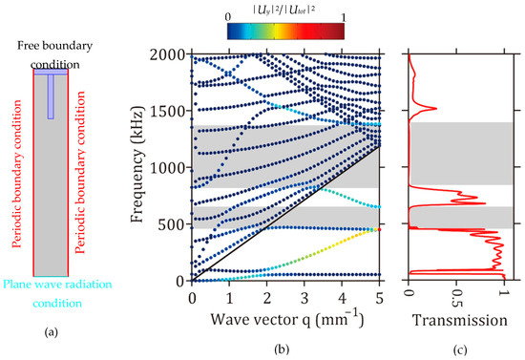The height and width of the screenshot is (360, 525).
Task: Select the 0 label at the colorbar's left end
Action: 227,16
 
